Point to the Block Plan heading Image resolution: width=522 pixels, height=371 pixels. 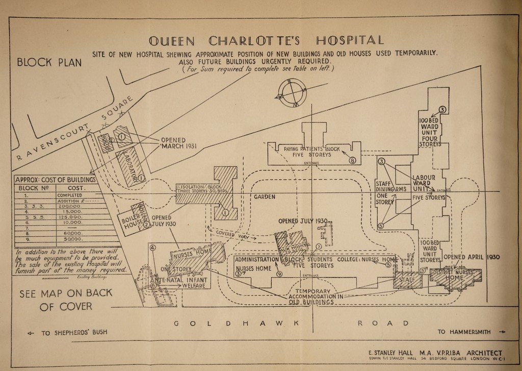pos(49,62)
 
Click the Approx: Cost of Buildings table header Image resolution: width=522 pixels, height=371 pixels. pos(55,180)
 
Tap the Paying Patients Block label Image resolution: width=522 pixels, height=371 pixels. pos(311,151)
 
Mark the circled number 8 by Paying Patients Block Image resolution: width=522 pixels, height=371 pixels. pos(352,160)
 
